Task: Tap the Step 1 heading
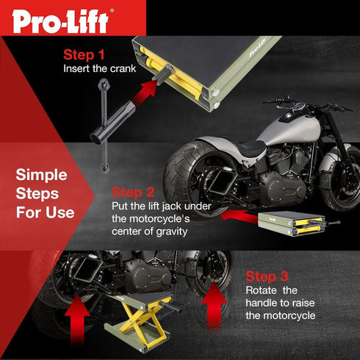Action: (85, 55)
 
